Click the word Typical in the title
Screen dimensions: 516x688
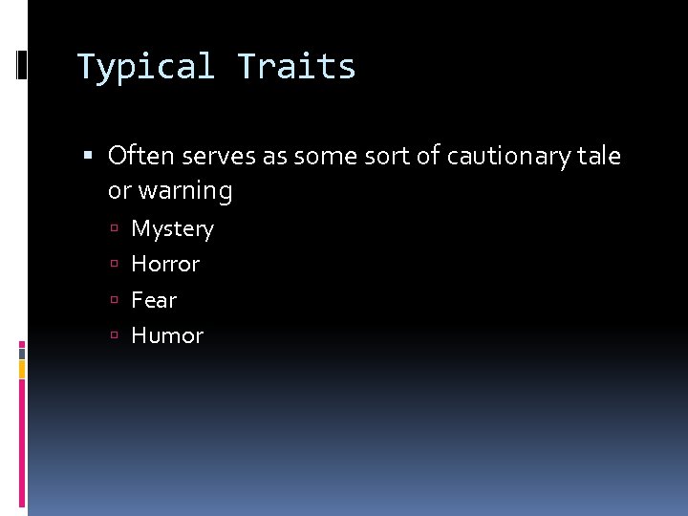tap(145, 67)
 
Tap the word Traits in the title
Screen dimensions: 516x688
tap(296, 67)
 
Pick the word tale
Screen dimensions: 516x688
tap(599, 156)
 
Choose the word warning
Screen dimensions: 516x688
tap(184, 191)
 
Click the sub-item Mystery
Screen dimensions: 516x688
tap(172, 229)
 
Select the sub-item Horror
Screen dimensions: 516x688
tap(165, 264)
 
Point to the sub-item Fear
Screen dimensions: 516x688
tap(154, 300)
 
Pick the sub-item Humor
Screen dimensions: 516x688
tap(167, 335)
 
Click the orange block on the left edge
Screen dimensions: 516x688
tap(22, 367)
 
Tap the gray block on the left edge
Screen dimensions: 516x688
tap(22, 353)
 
